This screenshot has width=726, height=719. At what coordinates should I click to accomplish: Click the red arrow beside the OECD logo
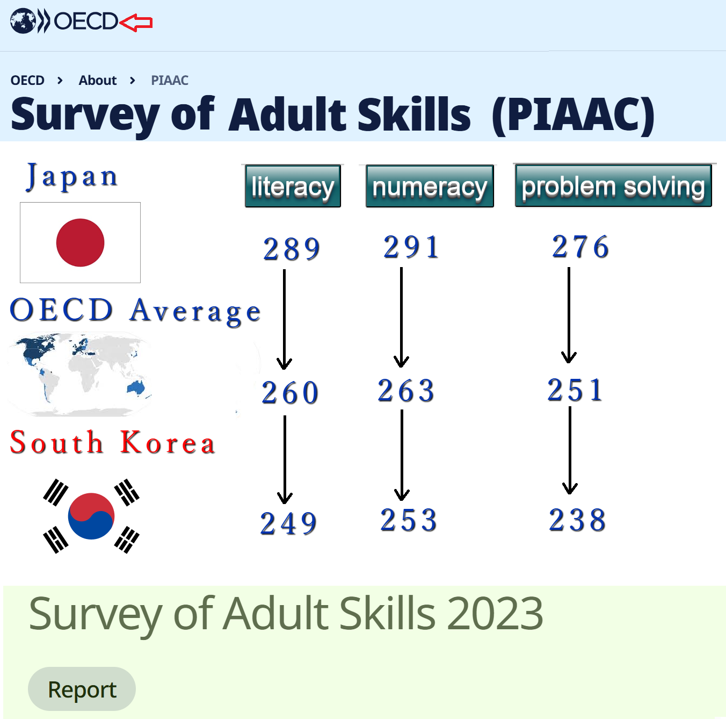coord(136,23)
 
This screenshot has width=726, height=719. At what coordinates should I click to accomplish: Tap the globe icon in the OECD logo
coord(23,21)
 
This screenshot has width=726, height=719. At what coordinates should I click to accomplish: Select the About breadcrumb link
coord(98,80)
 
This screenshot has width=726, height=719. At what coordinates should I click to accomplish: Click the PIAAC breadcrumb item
coord(170,80)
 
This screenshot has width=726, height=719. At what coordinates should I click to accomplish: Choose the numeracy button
coord(430,186)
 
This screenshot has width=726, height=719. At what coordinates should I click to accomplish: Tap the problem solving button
coord(613,185)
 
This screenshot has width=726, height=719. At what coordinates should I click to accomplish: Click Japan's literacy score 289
coord(292,249)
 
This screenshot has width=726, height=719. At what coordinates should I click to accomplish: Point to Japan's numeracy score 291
coord(411,247)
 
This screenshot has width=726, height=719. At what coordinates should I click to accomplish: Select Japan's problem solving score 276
coord(580,247)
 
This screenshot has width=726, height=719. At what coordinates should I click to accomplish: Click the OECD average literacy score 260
coord(290,392)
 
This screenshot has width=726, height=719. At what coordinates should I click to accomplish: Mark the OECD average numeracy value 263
coord(406,390)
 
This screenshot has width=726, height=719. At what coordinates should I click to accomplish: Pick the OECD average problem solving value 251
coord(575,390)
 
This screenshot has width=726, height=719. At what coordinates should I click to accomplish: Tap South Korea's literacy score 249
coord(288,523)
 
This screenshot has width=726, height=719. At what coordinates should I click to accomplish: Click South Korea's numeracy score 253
coord(409,520)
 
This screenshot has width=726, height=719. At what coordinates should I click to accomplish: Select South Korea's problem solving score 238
coord(577,520)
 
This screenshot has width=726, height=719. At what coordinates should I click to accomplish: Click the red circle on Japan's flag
coord(80,242)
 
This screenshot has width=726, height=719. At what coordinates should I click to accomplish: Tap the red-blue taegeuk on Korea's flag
coord(91,516)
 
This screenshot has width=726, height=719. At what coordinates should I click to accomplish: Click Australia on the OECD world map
coord(136,387)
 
